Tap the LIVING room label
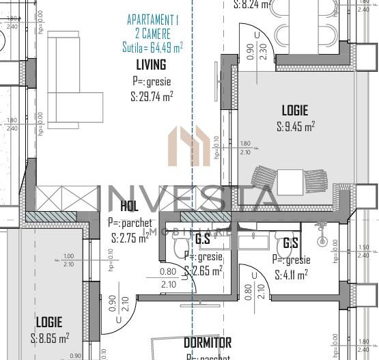151,65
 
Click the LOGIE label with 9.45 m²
295,110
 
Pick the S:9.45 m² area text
296,126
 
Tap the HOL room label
130,206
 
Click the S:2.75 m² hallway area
130,238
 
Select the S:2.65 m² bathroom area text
203,271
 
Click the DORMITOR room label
208,343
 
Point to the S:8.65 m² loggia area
49,337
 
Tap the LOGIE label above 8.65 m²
49,322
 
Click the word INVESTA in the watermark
190,199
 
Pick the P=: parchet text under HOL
130,222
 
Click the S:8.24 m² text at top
252,3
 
